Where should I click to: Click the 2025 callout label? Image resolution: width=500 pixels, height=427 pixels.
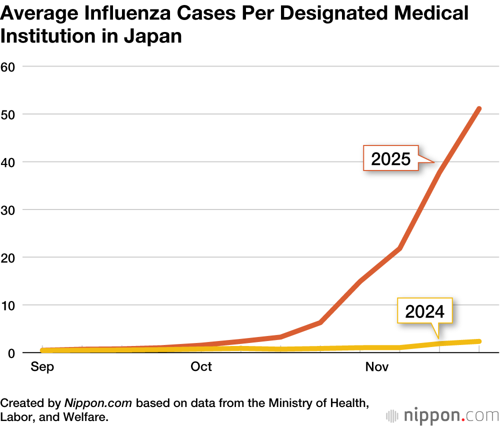click(390, 158)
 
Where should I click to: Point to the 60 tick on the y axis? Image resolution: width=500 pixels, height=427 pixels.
click(10, 66)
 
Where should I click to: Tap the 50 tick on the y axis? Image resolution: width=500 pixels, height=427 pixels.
click(10, 114)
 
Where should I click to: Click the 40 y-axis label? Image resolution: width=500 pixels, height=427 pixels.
click(10, 162)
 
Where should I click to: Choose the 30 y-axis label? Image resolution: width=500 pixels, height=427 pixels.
click(10, 209)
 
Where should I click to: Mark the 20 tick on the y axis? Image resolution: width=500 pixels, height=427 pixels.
click(10, 257)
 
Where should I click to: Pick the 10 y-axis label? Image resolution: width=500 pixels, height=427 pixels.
click(10, 305)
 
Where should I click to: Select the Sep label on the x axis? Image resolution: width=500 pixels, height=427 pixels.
click(42, 366)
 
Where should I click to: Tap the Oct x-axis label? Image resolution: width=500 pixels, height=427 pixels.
click(201, 366)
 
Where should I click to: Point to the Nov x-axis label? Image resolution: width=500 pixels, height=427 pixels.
click(377, 366)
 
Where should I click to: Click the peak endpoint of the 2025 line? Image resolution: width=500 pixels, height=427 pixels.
click(479, 108)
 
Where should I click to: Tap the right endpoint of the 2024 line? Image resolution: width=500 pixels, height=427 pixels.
click(479, 341)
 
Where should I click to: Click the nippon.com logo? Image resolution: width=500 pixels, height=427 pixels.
click(442, 415)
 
